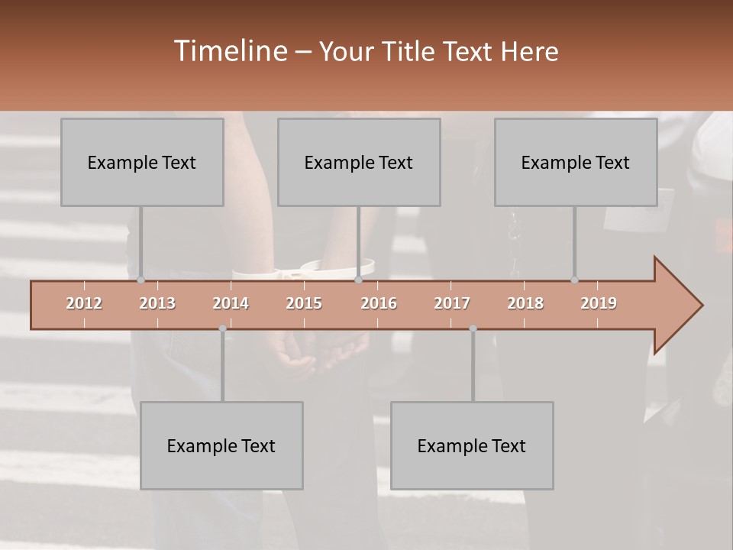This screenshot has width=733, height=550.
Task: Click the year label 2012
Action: pos(84,303)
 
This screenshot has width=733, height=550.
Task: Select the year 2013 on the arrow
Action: pos(157,303)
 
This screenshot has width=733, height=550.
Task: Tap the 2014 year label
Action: pos(231,303)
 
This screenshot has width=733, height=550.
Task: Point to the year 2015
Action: pos(304,303)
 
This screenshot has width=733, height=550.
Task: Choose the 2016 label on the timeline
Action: pos(379,303)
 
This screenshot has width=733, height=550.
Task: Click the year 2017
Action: pos(452,303)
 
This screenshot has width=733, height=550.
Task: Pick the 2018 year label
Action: pos(525,303)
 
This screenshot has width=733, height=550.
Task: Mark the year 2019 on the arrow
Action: pos(599,303)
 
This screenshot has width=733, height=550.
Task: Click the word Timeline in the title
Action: pos(229,51)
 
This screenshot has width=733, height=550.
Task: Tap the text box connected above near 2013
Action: pos(142,162)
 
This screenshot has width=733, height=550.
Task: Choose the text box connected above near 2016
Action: pos(359,162)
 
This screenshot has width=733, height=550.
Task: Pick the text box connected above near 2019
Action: pos(576,162)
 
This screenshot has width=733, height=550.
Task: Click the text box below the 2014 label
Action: pos(221,445)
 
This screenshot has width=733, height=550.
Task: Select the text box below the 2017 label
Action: pos(472,445)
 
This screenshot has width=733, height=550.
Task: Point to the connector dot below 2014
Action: pos(222,328)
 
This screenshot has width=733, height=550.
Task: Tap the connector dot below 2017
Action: pos(473,328)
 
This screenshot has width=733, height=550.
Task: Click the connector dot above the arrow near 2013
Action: pos(140,280)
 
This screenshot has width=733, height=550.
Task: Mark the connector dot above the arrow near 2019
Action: pos(574,280)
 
